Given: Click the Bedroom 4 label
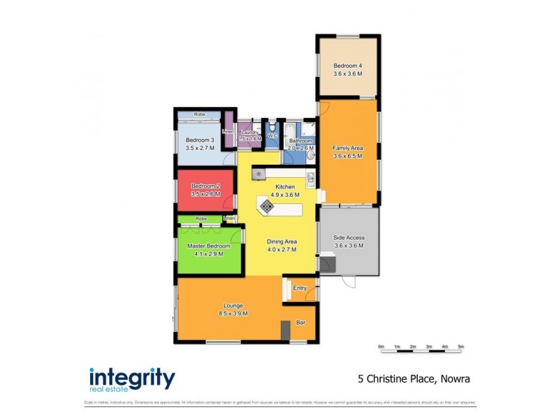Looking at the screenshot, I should (x=347, y=66).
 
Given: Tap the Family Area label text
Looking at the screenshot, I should (x=347, y=149).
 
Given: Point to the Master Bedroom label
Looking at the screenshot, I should (x=205, y=246).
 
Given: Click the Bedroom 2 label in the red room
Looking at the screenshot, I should (x=205, y=186).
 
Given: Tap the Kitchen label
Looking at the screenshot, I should (x=285, y=187).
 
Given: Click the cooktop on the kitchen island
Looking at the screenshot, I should (x=267, y=205).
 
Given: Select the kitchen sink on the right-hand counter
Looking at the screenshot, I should (x=310, y=179).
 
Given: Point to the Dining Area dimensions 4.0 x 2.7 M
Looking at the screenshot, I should (x=282, y=249).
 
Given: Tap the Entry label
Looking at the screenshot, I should (x=300, y=288).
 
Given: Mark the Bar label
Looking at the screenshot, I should (x=302, y=323).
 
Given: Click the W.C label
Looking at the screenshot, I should (x=273, y=136).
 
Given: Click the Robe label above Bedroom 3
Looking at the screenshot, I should (x=200, y=114).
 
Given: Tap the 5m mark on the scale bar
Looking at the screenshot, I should (x=460, y=346).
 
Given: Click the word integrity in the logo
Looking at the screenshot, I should (x=132, y=377).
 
